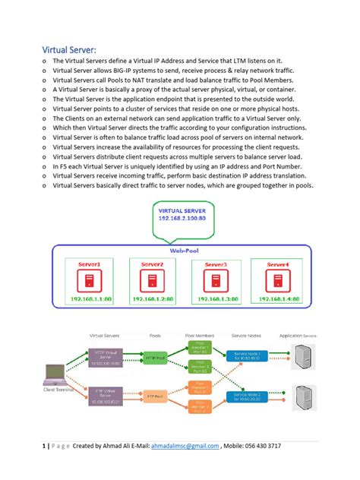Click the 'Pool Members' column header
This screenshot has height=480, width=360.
(200, 334)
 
